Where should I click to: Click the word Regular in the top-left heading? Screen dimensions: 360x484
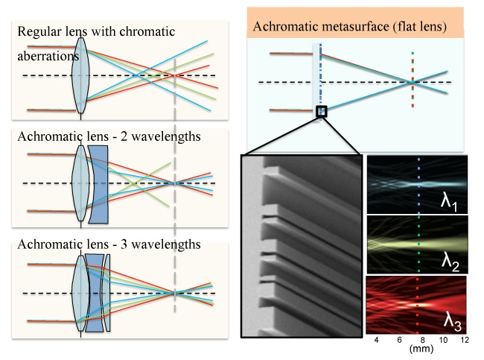coord(36,32)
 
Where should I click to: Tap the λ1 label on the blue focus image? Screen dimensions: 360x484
coord(448,203)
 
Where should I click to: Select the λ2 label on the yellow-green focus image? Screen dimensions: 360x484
coord(449,261)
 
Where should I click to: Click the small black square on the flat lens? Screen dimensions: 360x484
coord(321,112)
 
